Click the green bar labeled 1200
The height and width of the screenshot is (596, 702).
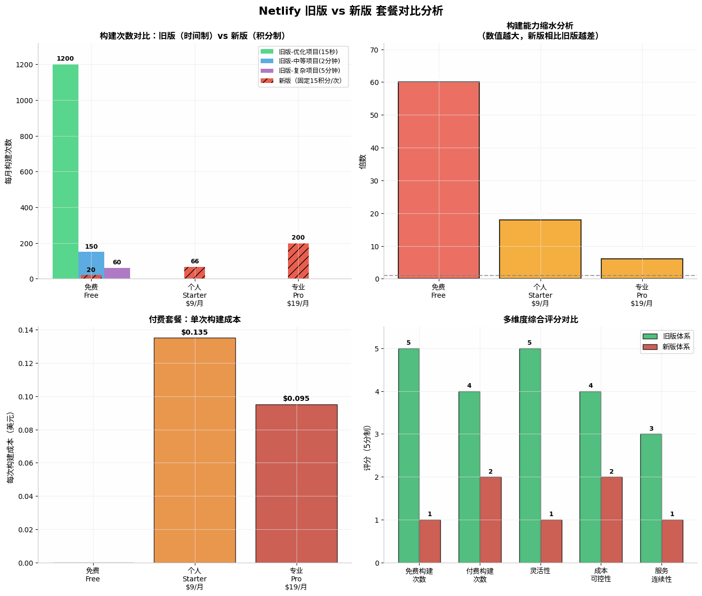click(x=65, y=171)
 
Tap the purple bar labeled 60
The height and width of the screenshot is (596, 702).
click(x=117, y=273)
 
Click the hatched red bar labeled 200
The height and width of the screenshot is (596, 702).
click(x=298, y=261)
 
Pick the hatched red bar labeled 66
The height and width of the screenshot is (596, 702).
click(x=195, y=273)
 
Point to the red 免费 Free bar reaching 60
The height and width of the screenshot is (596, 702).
click(x=438, y=180)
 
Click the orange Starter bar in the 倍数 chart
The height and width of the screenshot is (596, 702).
click(x=540, y=249)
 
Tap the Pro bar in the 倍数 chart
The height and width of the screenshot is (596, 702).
click(x=642, y=268)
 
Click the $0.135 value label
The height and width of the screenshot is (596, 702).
click(x=195, y=332)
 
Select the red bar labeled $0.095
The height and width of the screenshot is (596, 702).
click(x=296, y=483)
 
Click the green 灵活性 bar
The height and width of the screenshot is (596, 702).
click(x=530, y=455)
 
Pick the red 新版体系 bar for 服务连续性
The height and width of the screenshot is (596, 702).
click(x=672, y=541)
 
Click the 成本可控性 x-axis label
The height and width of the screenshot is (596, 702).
click(x=601, y=575)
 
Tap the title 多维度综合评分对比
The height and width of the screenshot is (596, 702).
click(x=540, y=319)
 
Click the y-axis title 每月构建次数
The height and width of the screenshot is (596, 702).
click(x=9, y=161)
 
